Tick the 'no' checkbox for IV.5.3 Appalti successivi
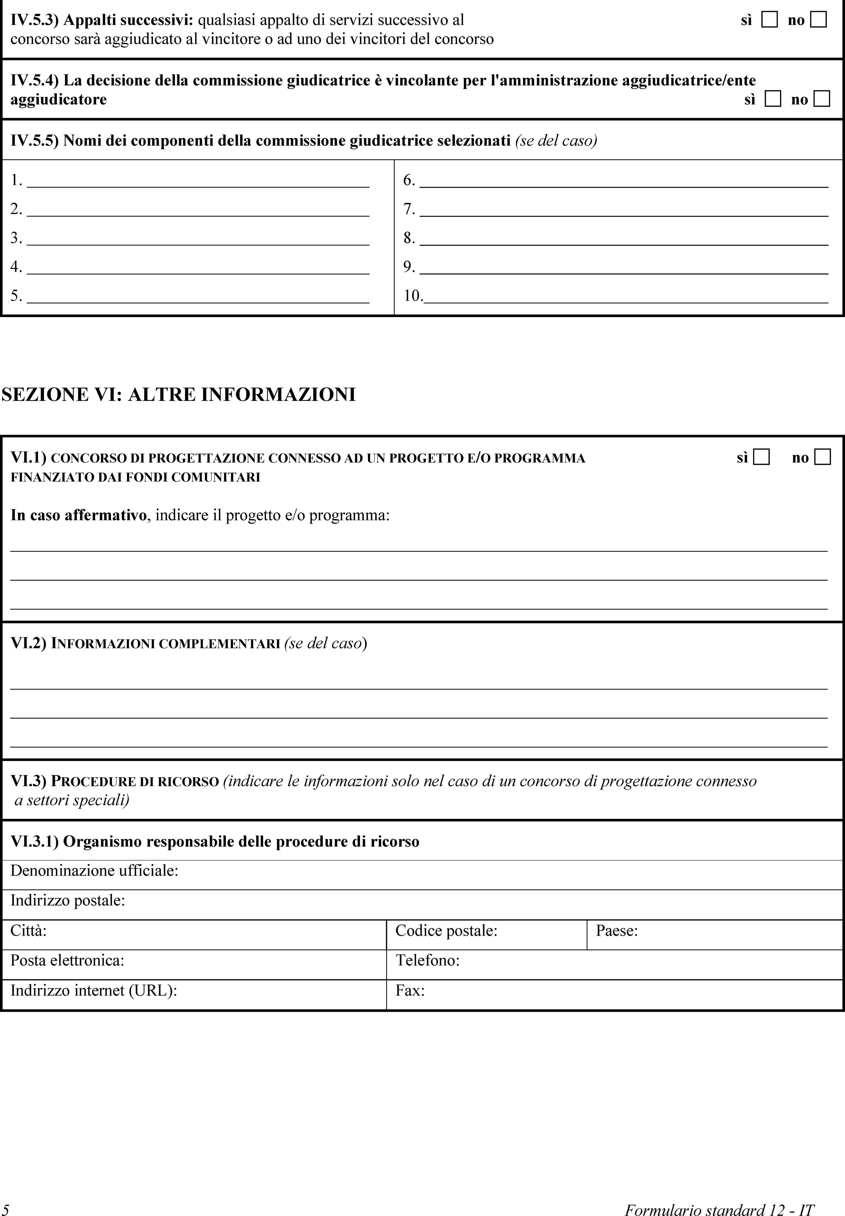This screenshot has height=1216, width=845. click(x=818, y=20)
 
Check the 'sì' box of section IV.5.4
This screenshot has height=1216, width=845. click(x=773, y=99)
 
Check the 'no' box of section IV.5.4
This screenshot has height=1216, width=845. click(x=822, y=99)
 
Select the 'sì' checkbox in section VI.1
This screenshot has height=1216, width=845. click(x=761, y=457)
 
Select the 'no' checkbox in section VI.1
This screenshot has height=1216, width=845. click(x=822, y=457)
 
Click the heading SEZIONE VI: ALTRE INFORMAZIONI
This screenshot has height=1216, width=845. click(x=179, y=395)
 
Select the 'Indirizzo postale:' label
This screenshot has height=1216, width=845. click(x=68, y=900)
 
